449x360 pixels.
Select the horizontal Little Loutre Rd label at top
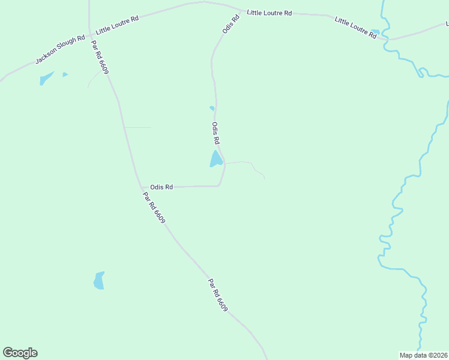[x=270, y=13]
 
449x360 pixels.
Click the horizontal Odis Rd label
[x=161, y=187]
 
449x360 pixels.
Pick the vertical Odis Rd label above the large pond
[x=215, y=133]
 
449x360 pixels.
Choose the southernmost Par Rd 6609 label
[x=218, y=295]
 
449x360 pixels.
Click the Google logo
[x=20, y=353]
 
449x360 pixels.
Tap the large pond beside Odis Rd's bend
[x=215, y=159]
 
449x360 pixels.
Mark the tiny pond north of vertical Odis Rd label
[x=211, y=108]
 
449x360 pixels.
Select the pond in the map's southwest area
[x=99, y=280]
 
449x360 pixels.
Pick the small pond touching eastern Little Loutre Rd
[x=375, y=32]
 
